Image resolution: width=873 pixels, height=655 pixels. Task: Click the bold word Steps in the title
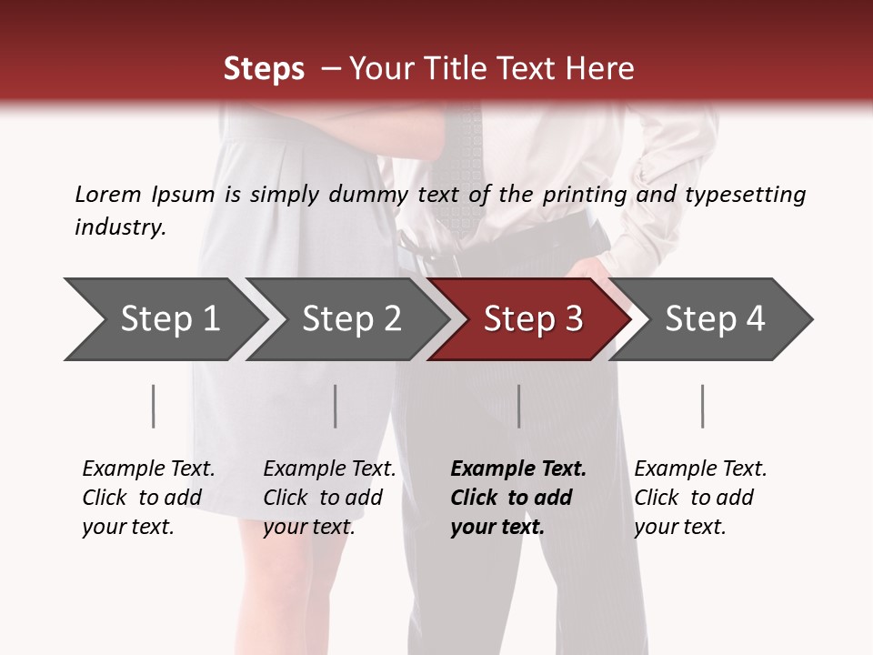[264, 69]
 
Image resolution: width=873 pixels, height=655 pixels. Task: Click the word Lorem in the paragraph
[107, 194]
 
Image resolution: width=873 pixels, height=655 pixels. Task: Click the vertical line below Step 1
[153, 406]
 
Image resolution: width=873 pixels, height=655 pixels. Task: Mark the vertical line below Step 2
[336, 406]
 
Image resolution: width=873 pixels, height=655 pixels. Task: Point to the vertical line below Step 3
[518, 406]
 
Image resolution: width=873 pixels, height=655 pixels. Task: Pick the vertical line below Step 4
[702, 406]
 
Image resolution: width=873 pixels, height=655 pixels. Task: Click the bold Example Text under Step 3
[518, 469]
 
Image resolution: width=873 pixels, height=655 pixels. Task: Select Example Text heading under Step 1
[148, 469]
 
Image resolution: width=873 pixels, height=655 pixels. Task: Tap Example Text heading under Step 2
[329, 469]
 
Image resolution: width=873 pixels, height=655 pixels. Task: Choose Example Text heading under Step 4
[700, 469]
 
